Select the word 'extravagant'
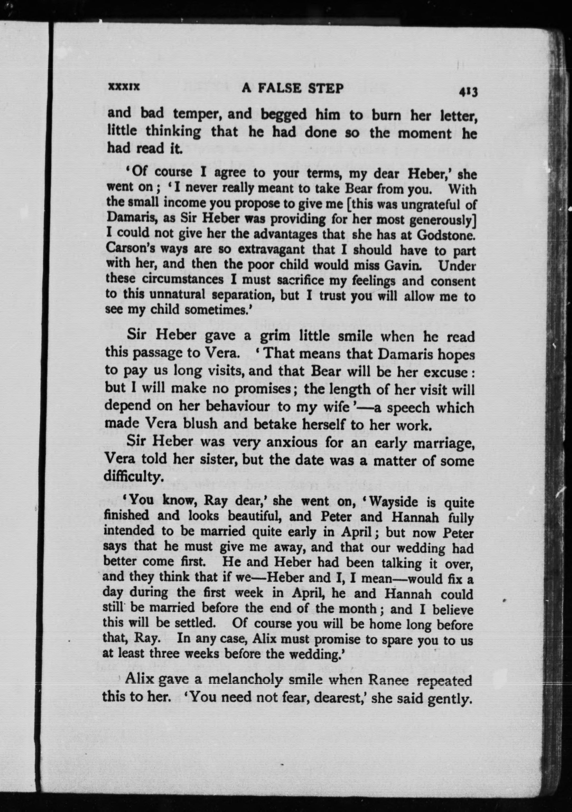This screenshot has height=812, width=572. click(271, 249)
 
